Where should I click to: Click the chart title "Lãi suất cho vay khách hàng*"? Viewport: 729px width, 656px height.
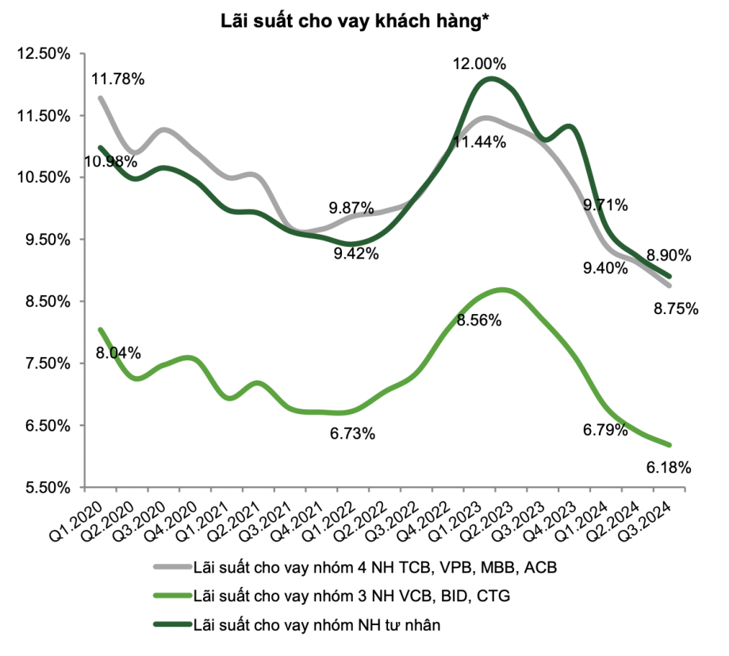pyautogui.click(x=355, y=21)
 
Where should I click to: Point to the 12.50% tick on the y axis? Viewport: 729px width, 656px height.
pyautogui.click(x=44, y=53)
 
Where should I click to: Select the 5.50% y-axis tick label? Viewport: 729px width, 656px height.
pyautogui.click(x=48, y=488)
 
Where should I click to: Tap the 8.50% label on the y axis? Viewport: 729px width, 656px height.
pyautogui.click(x=48, y=301)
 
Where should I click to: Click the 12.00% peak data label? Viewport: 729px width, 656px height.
pyautogui.click(x=479, y=63)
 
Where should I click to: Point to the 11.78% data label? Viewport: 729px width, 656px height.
pyautogui.click(x=117, y=79)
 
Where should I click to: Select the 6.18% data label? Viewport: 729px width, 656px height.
pyautogui.click(x=669, y=468)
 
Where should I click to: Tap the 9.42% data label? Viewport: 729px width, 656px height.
pyautogui.click(x=356, y=254)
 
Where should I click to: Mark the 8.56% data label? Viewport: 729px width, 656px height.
pyautogui.click(x=479, y=320)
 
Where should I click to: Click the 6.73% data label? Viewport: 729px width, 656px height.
pyautogui.click(x=352, y=434)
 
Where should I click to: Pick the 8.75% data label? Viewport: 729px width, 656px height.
pyautogui.click(x=676, y=309)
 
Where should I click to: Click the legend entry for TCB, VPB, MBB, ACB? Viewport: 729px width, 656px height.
pyautogui.click(x=355, y=567)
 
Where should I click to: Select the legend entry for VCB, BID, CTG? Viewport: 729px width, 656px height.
pyautogui.click(x=332, y=596)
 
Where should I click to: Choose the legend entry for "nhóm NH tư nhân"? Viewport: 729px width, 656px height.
pyautogui.click(x=297, y=624)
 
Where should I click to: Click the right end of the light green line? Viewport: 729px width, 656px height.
pyautogui.click(x=670, y=445)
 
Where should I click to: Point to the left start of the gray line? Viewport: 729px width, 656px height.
pyautogui.click(x=100, y=98)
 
